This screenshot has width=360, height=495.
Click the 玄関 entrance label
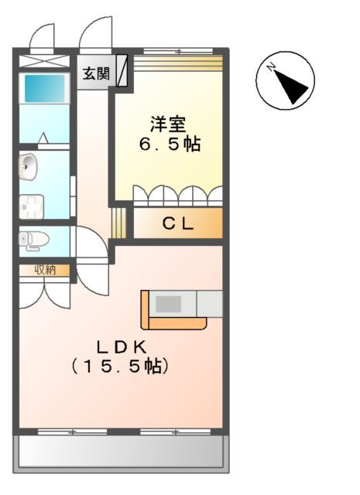[96, 74]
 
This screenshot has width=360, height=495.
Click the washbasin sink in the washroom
[28, 165]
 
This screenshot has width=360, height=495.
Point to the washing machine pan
[32, 207]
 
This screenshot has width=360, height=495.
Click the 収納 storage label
[43, 270]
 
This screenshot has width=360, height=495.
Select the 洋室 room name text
[169, 123]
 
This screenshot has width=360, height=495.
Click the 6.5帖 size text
[169, 144]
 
